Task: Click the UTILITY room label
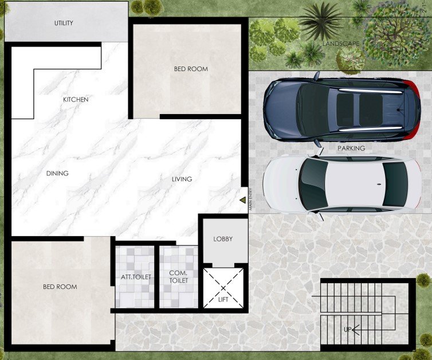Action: [x=64, y=23]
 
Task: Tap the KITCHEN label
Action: [x=76, y=100]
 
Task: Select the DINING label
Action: [x=57, y=173]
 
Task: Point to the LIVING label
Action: [x=182, y=179]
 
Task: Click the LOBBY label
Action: [x=223, y=239]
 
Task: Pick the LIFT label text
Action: [x=223, y=299]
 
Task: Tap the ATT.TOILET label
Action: [x=136, y=277]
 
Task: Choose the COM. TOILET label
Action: [x=179, y=277]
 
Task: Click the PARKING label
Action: [x=351, y=148]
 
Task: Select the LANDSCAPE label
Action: [x=341, y=44]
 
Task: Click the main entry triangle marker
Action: [x=243, y=200]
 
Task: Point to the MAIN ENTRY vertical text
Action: [x=251, y=199]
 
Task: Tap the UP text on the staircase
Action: [x=348, y=330]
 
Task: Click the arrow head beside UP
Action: [x=355, y=330]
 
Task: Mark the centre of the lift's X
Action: [x=223, y=288]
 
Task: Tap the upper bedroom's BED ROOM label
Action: [x=191, y=69]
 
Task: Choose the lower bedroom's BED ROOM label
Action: [x=60, y=287]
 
